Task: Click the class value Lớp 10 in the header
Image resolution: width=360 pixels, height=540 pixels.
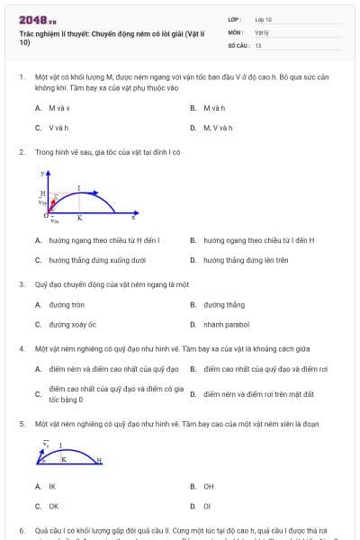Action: [263, 19]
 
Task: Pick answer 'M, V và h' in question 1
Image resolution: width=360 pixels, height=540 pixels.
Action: [217, 128]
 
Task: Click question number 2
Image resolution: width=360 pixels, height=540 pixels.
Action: [22, 152]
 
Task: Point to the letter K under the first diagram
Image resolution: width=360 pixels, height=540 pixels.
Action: [79, 218]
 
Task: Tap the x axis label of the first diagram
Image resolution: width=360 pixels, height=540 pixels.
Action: [134, 217]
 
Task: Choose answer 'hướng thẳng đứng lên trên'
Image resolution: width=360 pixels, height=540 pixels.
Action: [245, 261]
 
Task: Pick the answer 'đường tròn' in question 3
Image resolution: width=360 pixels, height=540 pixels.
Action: [67, 305]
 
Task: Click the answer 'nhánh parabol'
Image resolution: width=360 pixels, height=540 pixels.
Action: [226, 325]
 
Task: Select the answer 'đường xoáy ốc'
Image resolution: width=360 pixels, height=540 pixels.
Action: [72, 325]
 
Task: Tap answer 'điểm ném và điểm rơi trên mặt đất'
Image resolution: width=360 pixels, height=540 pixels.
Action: [257, 393]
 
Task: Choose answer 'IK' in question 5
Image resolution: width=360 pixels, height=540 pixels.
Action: [52, 486]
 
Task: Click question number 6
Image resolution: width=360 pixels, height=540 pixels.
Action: [22, 531]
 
